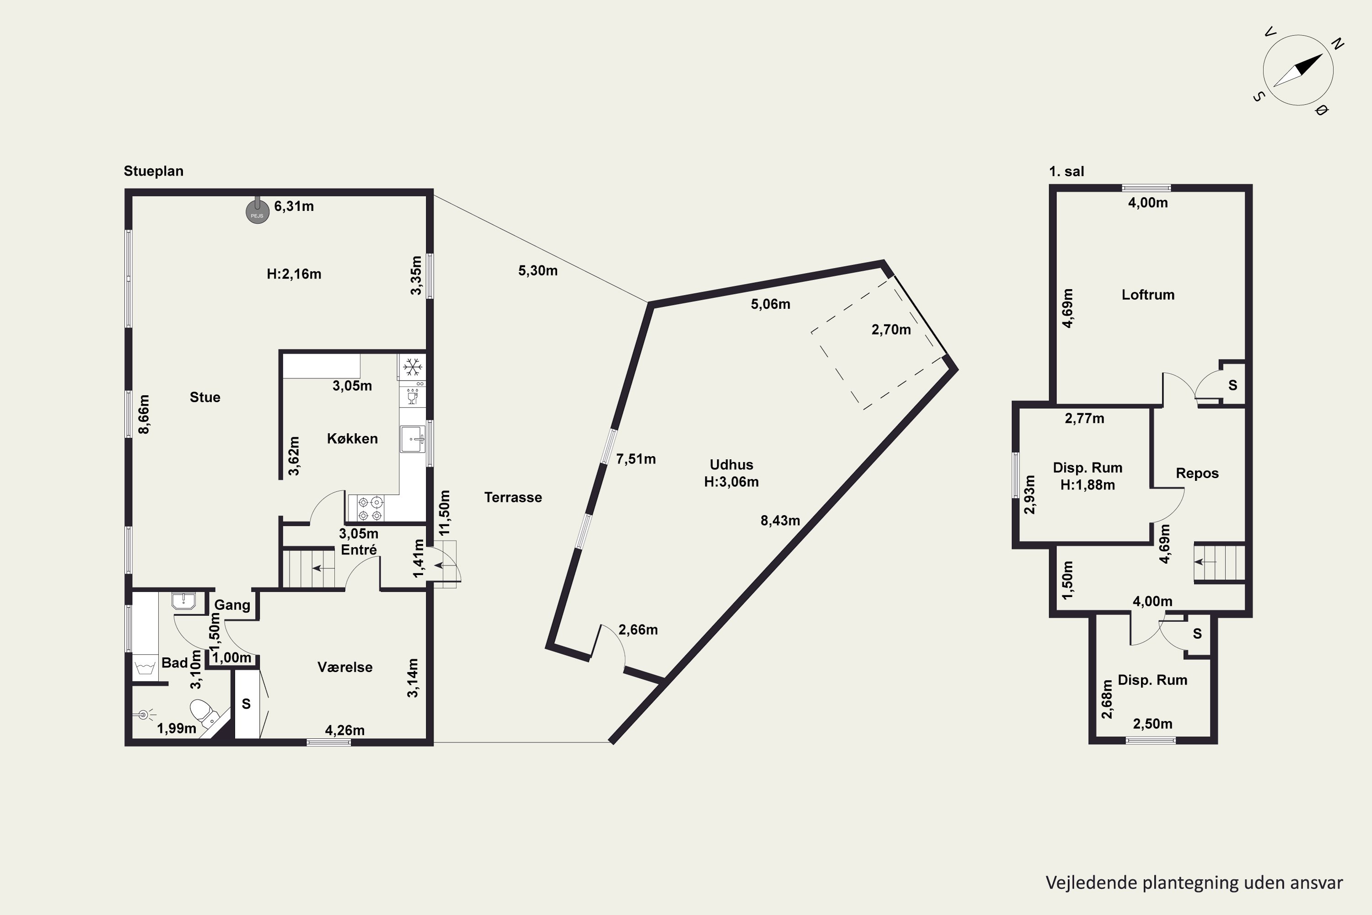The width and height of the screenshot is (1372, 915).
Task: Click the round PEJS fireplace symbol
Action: tap(257, 211)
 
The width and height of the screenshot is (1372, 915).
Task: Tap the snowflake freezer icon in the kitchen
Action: tap(413, 367)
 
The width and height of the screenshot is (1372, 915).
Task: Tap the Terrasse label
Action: tap(513, 497)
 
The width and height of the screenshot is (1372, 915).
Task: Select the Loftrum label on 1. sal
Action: tap(1147, 295)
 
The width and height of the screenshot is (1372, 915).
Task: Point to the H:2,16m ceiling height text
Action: tap(294, 274)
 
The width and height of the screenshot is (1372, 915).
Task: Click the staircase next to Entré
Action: tap(309, 567)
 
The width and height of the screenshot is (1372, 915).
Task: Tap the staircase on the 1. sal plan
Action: tap(1219, 563)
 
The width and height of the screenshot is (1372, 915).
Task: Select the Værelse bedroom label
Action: tap(345, 667)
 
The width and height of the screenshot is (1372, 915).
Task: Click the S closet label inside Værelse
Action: tap(246, 704)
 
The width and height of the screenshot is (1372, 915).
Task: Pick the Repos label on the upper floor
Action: tap(1197, 473)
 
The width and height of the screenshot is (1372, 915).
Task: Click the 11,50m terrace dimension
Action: tap(445, 512)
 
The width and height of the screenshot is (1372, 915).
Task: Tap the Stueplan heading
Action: tap(153, 171)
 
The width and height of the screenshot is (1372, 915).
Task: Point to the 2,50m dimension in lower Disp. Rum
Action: tap(1152, 724)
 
